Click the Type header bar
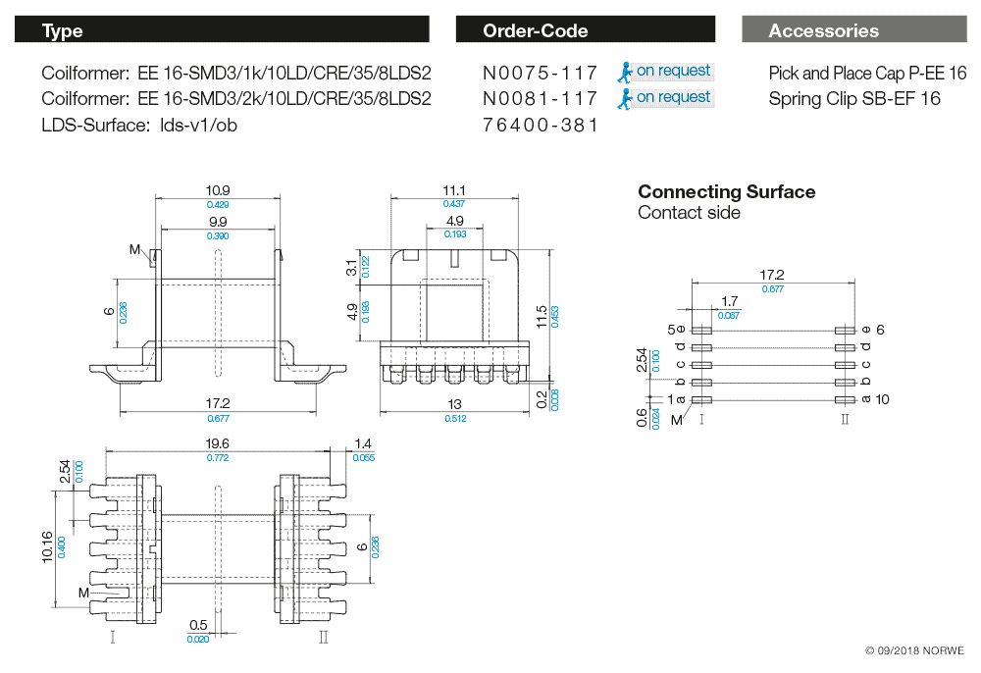click(x=222, y=30)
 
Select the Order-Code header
click(x=586, y=30)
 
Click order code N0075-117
click(x=541, y=73)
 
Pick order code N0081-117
click(x=541, y=99)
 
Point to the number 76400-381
click(x=541, y=126)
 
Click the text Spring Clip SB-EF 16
click(x=854, y=99)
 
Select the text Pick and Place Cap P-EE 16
click(x=867, y=73)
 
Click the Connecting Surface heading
click(x=726, y=191)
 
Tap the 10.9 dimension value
click(x=218, y=190)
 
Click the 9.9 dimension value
click(x=218, y=223)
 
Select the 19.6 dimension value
click(x=217, y=443)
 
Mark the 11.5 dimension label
click(x=542, y=316)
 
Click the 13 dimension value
click(x=453, y=403)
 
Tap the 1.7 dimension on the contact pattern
click(x=729, y=301)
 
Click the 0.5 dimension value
click(x=198, y=626)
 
